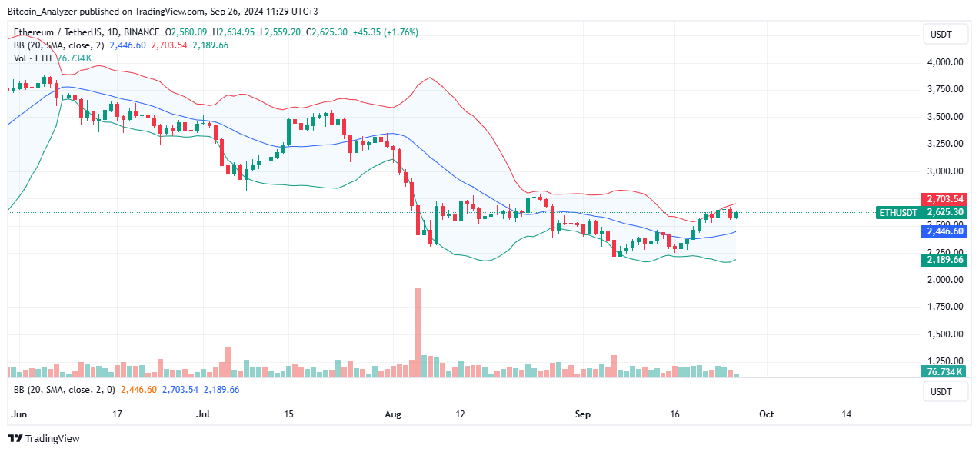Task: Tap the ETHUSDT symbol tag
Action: (x=898, y=213)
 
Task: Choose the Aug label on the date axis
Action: (x=392, y=414)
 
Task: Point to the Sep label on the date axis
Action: (x=582, y=414)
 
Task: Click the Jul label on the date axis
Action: (x=203, y=414)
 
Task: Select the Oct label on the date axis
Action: (x=766, y=414)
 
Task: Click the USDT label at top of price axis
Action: (x=941, y=34)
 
